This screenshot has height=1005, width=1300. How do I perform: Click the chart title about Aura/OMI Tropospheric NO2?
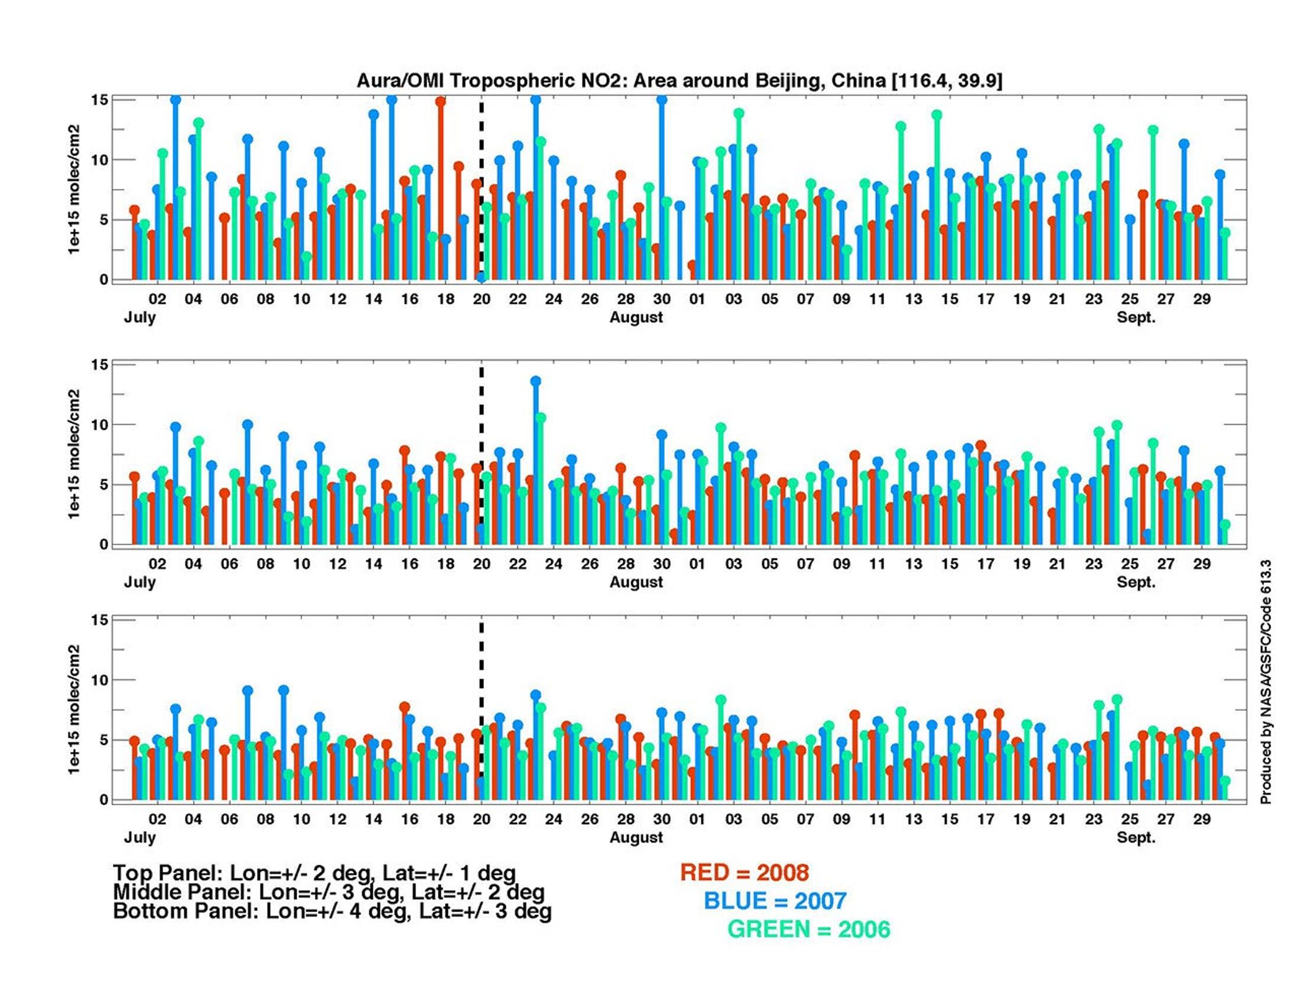[679, 80]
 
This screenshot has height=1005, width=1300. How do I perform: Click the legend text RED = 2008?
[745, 873]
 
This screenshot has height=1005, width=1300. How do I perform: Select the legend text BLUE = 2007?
[775, 901]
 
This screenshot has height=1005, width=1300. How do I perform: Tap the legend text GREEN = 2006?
[809, 929]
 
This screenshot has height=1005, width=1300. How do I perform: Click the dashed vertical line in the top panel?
[481, 179]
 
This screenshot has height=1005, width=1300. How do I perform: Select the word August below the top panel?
[636, 317]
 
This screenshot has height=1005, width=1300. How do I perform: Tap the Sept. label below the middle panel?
[1136, 582]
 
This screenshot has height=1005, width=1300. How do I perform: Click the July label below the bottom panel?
[140, 837]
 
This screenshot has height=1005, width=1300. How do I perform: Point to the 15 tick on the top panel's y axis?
[99, 100]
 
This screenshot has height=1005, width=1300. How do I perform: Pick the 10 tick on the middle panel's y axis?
[99, 424]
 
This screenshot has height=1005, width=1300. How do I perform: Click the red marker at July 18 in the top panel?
[440, 101]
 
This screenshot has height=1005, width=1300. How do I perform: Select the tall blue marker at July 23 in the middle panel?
[536, 381]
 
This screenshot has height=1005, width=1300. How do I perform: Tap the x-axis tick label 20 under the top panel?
[481, 299]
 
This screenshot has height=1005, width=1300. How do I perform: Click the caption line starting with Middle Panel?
[329, 892]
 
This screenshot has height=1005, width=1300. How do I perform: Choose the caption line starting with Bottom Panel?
[332, 912]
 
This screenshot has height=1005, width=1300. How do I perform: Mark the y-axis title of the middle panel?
[74, 453]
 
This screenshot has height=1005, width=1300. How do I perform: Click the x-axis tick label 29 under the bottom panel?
[1201, 819]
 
